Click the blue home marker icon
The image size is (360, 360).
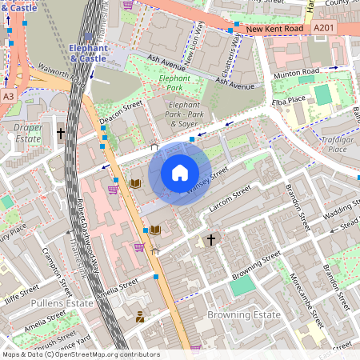pos(180,172)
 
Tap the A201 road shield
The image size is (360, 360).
pos(324,28)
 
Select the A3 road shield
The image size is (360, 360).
pos(9,96)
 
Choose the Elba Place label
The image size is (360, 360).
pos(290,98)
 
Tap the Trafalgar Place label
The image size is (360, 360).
pos(337,144)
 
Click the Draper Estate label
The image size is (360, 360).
pos(29,133)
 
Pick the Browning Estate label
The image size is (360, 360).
pos(243,314)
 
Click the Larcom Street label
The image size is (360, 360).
pos(230,197)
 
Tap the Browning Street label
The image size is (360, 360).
pos(256,263)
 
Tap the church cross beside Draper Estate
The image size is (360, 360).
pos(61,133)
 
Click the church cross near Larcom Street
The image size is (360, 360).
pos(211,239)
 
